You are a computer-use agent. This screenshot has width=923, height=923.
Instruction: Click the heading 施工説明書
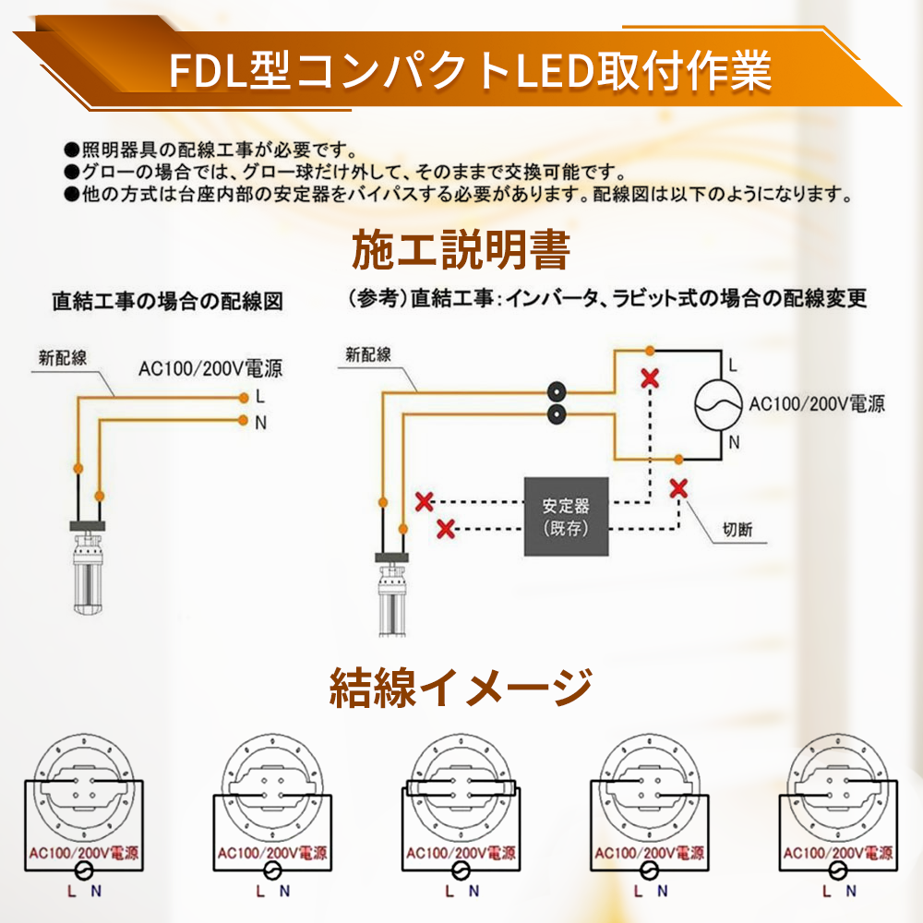[461, 249]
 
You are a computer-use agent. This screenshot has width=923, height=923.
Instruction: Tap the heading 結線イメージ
[461, 688]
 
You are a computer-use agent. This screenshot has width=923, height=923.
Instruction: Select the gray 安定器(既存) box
[566, 517]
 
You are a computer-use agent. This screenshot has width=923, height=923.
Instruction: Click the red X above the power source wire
[651, 378]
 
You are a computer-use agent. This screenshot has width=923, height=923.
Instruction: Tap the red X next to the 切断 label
[678, 488]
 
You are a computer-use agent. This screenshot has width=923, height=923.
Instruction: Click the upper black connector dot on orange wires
[557, 390]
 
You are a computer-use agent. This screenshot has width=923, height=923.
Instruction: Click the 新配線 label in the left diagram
[63, 358]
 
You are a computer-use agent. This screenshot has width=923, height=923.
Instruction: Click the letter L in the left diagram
[260, 398]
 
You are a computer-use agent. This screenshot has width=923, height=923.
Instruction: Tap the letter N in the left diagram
[260, 422]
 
